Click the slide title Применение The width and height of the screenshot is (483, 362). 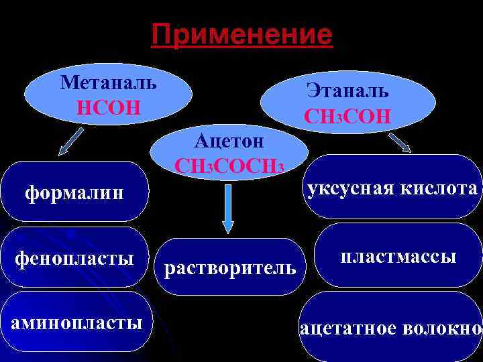(x=241, y=34)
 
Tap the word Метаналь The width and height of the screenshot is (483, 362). (x=109, y=83)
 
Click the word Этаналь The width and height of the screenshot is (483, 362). (x=347, y=91)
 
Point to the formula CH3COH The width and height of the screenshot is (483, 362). (x=347, y=115)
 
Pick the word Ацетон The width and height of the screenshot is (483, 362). (x=230, y=141)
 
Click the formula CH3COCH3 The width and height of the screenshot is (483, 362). (x=230, y=166)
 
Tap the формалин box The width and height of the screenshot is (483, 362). (x=74, y=193)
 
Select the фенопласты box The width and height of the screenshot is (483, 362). (x=74, y=258)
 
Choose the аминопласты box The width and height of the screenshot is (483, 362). (x=74, y=323)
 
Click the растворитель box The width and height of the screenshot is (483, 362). (x=230, y=268)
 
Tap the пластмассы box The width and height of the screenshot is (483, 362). (x=398, y=256)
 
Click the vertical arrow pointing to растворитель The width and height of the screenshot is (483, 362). (x=229, y=208)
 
